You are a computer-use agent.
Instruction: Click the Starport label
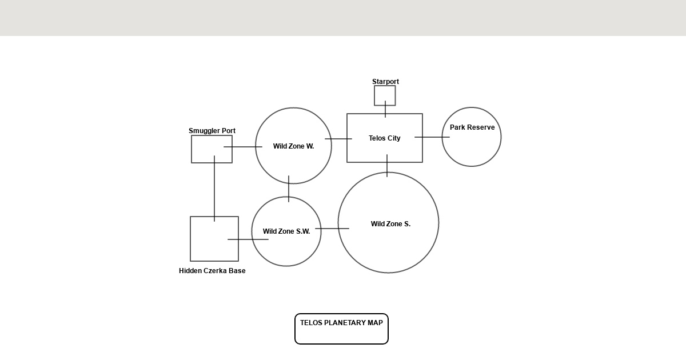click(x=385, y=82)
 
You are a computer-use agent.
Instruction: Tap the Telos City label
click(x=384, y=138)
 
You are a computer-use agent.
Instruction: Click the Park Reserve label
click(x=472, y=127)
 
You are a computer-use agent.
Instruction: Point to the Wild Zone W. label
click(x=293, y=146)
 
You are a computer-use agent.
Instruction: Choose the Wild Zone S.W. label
click(x=286, y=231)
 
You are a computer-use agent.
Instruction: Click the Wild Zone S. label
click(x=390, y=224)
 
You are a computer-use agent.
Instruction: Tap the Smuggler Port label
click(x=212, y=131)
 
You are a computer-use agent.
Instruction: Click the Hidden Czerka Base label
click(x=212, y=271)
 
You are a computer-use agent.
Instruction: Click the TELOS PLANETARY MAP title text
click(x=341, y=323)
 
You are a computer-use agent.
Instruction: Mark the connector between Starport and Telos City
click(x=385, y=109)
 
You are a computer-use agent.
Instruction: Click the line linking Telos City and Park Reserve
click(x=432, y=137)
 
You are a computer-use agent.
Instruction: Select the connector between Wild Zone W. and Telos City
click(x=338, y=139)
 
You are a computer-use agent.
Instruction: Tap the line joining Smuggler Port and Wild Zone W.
click(x=243, y=147)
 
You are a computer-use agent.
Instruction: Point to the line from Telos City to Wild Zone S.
click(x=387, y=166)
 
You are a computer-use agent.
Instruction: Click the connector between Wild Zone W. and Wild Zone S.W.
click(x=289, y=189)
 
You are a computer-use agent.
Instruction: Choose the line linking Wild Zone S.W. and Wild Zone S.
click(x=332, y=229)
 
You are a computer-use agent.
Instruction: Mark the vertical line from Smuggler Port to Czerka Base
click(x=214, y=189)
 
